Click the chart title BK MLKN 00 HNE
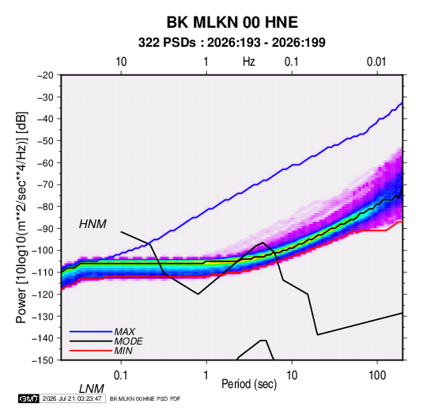232,22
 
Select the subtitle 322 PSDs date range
232,43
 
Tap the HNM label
93,224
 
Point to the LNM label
92,389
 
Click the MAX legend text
124,331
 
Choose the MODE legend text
128,341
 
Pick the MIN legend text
123,351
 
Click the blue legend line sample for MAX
91,332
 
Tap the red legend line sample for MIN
91,351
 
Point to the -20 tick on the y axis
45,75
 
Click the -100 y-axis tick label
43,250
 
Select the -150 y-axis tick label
43,360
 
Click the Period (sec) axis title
249,384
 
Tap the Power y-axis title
21,218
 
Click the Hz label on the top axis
249,62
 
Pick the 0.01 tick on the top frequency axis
376,62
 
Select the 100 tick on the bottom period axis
377,375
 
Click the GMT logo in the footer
28,398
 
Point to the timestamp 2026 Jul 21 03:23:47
72,398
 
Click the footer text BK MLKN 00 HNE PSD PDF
145,398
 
